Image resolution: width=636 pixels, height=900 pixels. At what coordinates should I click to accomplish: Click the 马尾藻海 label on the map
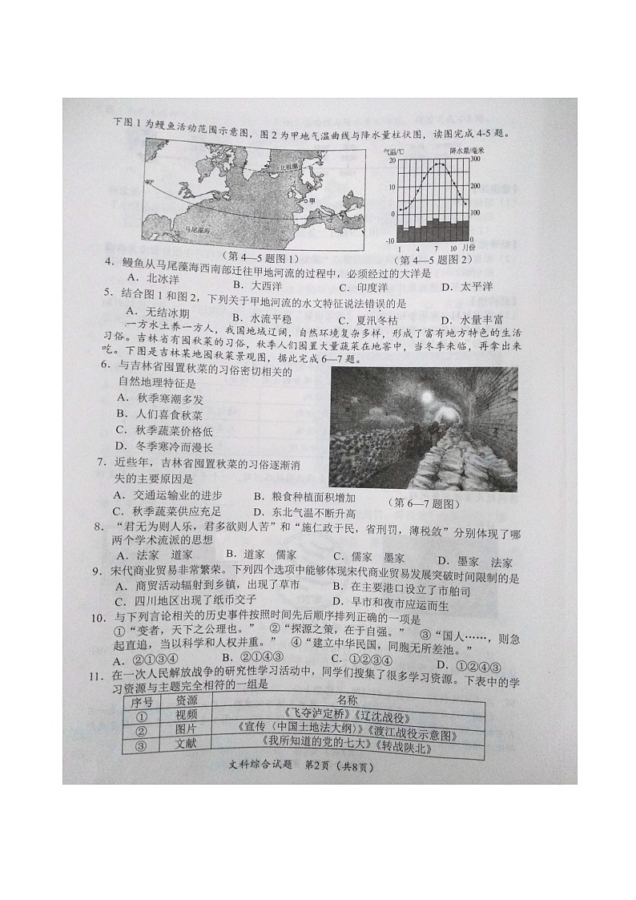pyautogui.click(x=196, y=230)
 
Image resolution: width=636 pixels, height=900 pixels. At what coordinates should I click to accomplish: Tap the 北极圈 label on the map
pyautogui.click(x=283, y=166)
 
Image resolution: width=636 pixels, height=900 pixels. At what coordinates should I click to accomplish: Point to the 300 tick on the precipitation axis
pyautogui.click(x=474, y=160)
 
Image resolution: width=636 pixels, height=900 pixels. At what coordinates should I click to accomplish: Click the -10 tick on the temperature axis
pyautogui.click(x=390, y=240)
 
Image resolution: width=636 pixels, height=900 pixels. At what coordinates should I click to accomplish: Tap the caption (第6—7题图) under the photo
pyautogui.click(x=425, y=503)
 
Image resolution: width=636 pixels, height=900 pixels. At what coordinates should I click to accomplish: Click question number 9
pyautogui.click(x=96, y=571)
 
